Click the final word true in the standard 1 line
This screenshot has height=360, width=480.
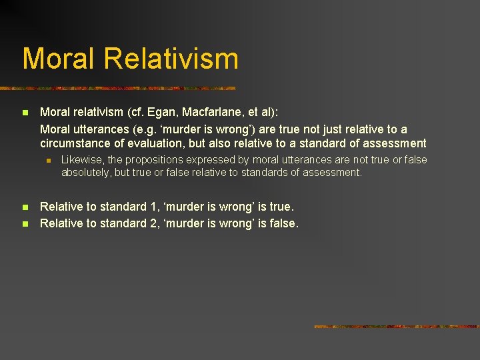(280, 207)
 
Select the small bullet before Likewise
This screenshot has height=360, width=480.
(48, 161)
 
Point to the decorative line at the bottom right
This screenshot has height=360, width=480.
(396, 327)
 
